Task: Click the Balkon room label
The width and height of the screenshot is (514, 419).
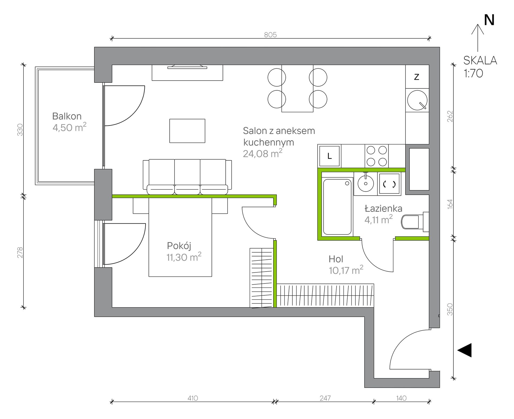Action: point(67,116)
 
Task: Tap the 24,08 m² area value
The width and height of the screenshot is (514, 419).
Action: point(262,153)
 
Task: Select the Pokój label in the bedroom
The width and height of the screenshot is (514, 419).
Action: point(179,246)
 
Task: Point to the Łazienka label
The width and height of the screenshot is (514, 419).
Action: point(383,209)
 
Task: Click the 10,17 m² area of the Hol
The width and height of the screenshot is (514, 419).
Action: point(346,270)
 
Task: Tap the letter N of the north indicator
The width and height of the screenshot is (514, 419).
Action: point(489,20)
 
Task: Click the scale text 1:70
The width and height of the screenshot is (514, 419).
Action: point(473,73)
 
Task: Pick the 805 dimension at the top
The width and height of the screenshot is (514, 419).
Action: point(270,35)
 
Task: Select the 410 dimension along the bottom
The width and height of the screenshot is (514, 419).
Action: point(193,398)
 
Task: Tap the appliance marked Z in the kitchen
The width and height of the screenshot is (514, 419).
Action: point(417,77)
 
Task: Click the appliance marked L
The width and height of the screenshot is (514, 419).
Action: point(329,156)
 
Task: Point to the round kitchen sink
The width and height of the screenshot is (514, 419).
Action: point(417,100)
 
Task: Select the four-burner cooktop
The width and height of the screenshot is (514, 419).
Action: point(377,156)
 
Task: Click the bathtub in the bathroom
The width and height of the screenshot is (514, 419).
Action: point(337,207)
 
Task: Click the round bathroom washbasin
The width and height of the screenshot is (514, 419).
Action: point(365,183)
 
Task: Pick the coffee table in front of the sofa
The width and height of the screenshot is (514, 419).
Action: point(187,131)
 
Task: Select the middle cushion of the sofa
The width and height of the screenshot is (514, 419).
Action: point(187,176)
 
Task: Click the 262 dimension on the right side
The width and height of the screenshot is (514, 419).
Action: point(450,116)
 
